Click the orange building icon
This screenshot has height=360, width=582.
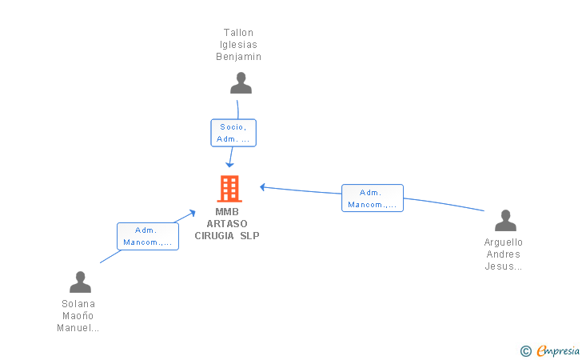pyautogui.click(x=229, y=189)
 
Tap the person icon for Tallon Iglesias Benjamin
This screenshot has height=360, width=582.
pyautogui.click(x=241, y=83)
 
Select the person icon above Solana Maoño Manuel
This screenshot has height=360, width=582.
pyautogui.click(x=80, y=282)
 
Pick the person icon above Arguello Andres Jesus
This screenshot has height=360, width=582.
pyautogui.click(x=505, y=220)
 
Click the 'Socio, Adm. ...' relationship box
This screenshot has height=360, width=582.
pyautogui.click(x=233, y=133)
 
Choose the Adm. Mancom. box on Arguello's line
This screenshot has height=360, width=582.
pyautogui.click(x=373, y=198)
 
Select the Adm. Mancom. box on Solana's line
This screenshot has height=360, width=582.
pyautogui.click(x=148, y=236)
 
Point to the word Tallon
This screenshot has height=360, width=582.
pyautogui.click(x=238, y=33)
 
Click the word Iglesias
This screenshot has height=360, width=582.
pyautogui.click(x=238, y=45)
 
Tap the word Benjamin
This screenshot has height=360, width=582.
pyautogui.click(x=239, y=57)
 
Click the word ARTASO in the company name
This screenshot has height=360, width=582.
pyautogui.click(x=227, y=224)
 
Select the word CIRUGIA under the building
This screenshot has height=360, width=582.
pyautogui.click(x=214, y=235)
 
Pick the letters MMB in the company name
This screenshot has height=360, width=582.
pyautogui.click(x=227, y=212)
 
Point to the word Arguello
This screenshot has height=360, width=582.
pyautogui.click(x=504, y=242)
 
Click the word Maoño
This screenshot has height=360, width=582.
pyautogui.click(x=78, y=316)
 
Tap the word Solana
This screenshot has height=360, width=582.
pyautogui.click(x=78, y=304)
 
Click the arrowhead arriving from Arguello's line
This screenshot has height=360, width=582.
pyautogui.click(x=262, y=187)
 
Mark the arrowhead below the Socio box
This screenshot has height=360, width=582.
pyautogui.click(x=229, y=165)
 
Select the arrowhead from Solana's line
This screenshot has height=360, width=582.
pyautogui.click(x=192, y=213)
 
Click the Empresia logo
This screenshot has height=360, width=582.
pyautogui.click(x=550, y=350)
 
